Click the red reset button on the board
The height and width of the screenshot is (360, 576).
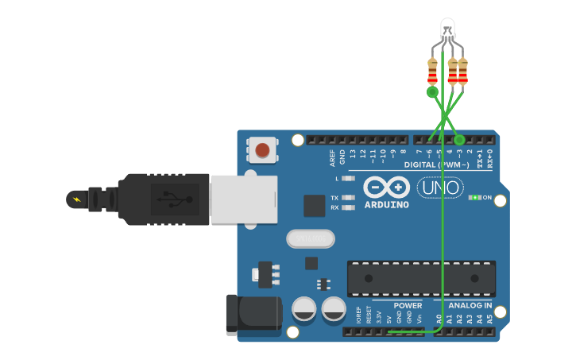[x=262, y=149]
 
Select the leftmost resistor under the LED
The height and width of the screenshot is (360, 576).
[x=432, y=71]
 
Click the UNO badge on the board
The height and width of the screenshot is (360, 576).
[x=440, y=188]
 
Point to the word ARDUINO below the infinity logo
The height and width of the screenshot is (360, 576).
[x=386, y=204]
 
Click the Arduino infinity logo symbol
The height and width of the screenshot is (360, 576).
[x=386, y=187]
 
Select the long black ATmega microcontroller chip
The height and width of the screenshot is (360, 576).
[x=421, y=279]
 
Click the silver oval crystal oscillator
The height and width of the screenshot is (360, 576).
[x=310, y=238]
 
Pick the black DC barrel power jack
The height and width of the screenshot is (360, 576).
[x=253, y=313]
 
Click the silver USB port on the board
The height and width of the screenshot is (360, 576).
[x=243, y=199]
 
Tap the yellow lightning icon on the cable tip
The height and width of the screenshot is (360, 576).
[x=76, y=199]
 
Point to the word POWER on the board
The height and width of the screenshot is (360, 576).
[x=408, y=305]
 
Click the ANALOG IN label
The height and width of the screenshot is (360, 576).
[x=470, y=305]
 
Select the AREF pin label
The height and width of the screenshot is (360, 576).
[x=333, y=158]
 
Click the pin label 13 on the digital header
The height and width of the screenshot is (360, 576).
[x=353, y=153]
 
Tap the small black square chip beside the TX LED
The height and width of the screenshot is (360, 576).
[x=315, y=206]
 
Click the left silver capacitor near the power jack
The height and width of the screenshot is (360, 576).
[x=304, y=309]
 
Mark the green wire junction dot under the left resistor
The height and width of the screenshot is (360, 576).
[x=432, y=92]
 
